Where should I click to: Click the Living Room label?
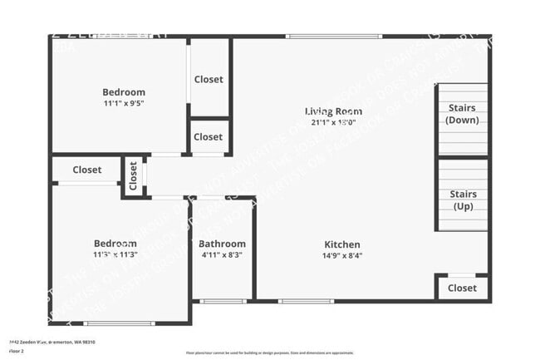coord(333,111)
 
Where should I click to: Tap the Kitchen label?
coord(342,244)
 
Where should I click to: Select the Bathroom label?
coord(221,244)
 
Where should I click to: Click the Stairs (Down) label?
coord(462,114)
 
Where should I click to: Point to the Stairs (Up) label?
coord(463,200)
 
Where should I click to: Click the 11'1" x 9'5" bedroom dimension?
coord(124,104)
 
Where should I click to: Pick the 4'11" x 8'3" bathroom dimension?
coord(221,255)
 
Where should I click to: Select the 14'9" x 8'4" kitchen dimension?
coord(342,256)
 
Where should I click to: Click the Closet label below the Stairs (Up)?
coord(462,288)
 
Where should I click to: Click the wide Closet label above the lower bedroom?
coord(86,170)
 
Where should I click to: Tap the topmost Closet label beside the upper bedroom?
coord(209,80)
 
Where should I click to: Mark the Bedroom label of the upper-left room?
coord(124,92)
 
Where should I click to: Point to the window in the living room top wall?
coord(333,36)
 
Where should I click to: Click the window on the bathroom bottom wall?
coord(223,301)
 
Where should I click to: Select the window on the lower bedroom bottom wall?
coord(119,323)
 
